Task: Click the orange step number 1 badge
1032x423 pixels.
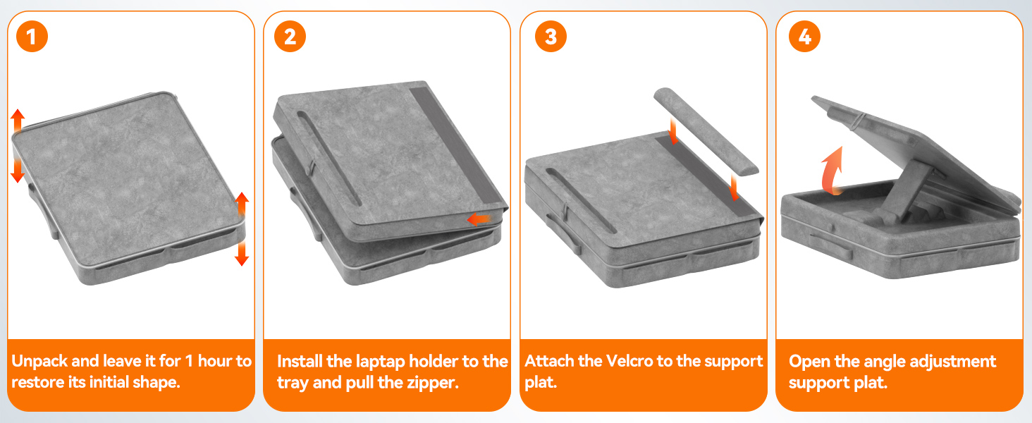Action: [32, 37]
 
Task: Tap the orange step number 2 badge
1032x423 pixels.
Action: [290, 37]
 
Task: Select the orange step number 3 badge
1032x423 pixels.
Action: [551, 37]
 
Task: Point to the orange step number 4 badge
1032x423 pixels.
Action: [804, 37]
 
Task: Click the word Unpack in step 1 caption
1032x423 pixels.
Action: [39, 361]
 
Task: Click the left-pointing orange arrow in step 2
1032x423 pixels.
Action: [479, 219]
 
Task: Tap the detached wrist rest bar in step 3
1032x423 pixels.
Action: [706, 131]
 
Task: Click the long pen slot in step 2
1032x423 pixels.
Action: [329, 158]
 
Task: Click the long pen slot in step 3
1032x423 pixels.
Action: [581, 200]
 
